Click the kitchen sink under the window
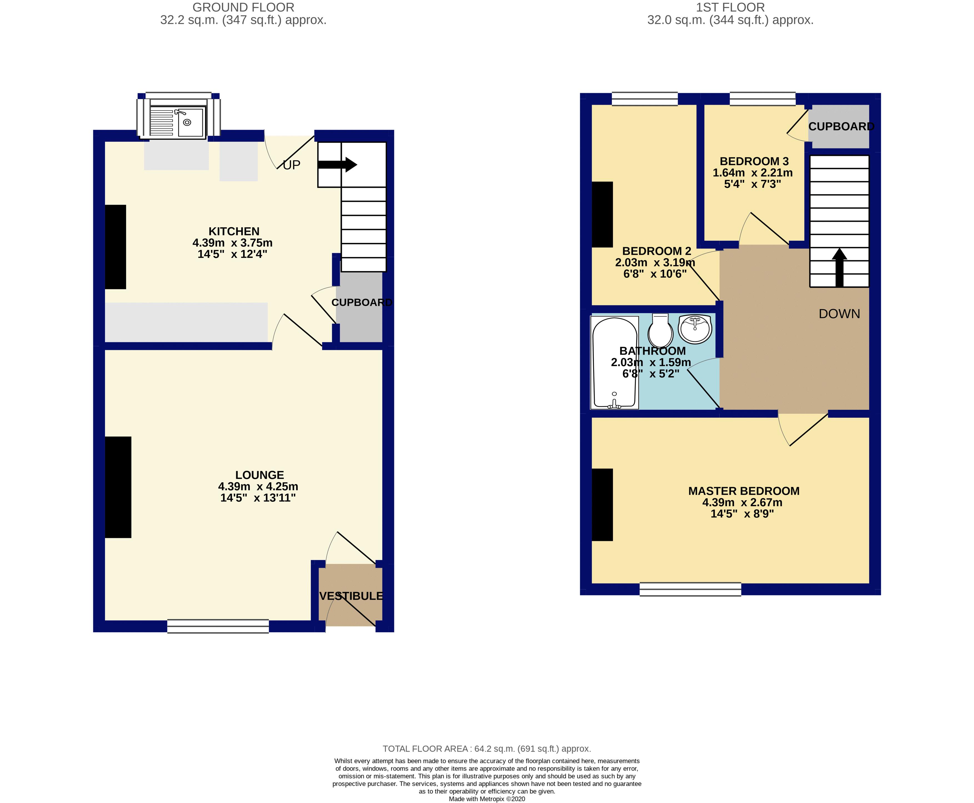click(x=178, y=122)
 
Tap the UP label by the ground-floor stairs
click(x=292, y=165)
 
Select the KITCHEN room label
click(x=234, y=231)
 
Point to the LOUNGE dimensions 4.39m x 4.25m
click(x=258, y=487)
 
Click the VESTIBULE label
click(x=351, y=596)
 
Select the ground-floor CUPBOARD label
click(x=361, y=302)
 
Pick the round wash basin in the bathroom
click(x=695, y=328)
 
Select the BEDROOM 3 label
click(x=754, y=161)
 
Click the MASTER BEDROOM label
click(x=743, y=491)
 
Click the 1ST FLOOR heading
click(x=730, y=7)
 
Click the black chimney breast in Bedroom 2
click(x=602, y=214)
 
